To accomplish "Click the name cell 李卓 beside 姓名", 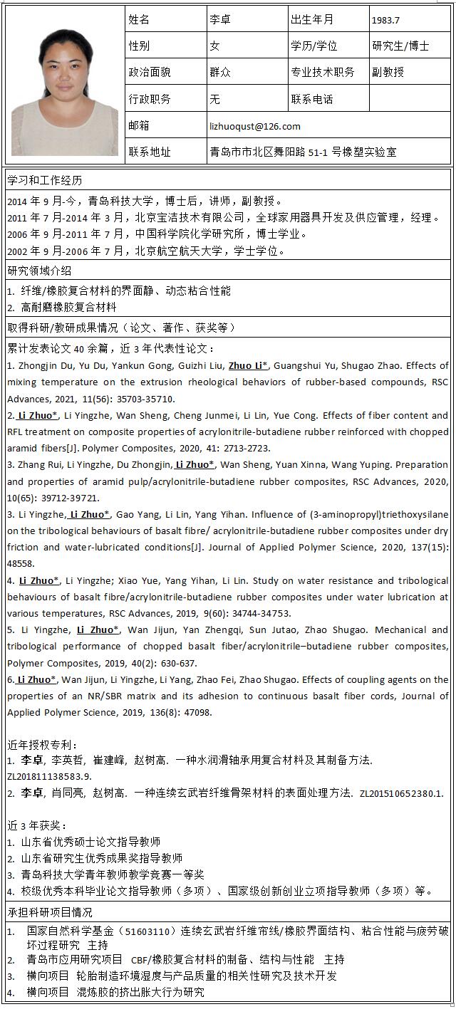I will pyautogui.click(x=220, y=20).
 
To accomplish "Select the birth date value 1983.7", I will pyautogui.click(x=385, y=20).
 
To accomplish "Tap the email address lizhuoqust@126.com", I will pyautogui.click(x=255, y=126).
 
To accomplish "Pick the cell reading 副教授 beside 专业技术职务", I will pyautogui.click(x=388, y=72).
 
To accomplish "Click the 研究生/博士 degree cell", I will pyautogui.click(x=400, y=46).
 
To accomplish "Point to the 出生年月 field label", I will pyautogui.click(x=312, y=20).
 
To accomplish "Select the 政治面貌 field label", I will pyautogui.click(x=150, y=72).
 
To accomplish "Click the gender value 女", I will pyautogui.click(x=214, y=46).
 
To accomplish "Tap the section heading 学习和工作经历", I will pyautogui.click(x=45, y=180).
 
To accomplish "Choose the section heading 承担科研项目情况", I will pyautogui.click(x=50, y=912).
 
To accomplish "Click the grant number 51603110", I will pyautogui.click(x=147, y=931).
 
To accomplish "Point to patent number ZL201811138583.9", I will pyautogui.click(x=49, y=776).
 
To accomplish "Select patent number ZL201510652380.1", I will pyautogui.click(x=401, y=793).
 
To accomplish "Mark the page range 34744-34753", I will pyautogui.click(x=252, y=613).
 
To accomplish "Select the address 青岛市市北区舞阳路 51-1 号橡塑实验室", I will pyautogui.click(x=303, y=152).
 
